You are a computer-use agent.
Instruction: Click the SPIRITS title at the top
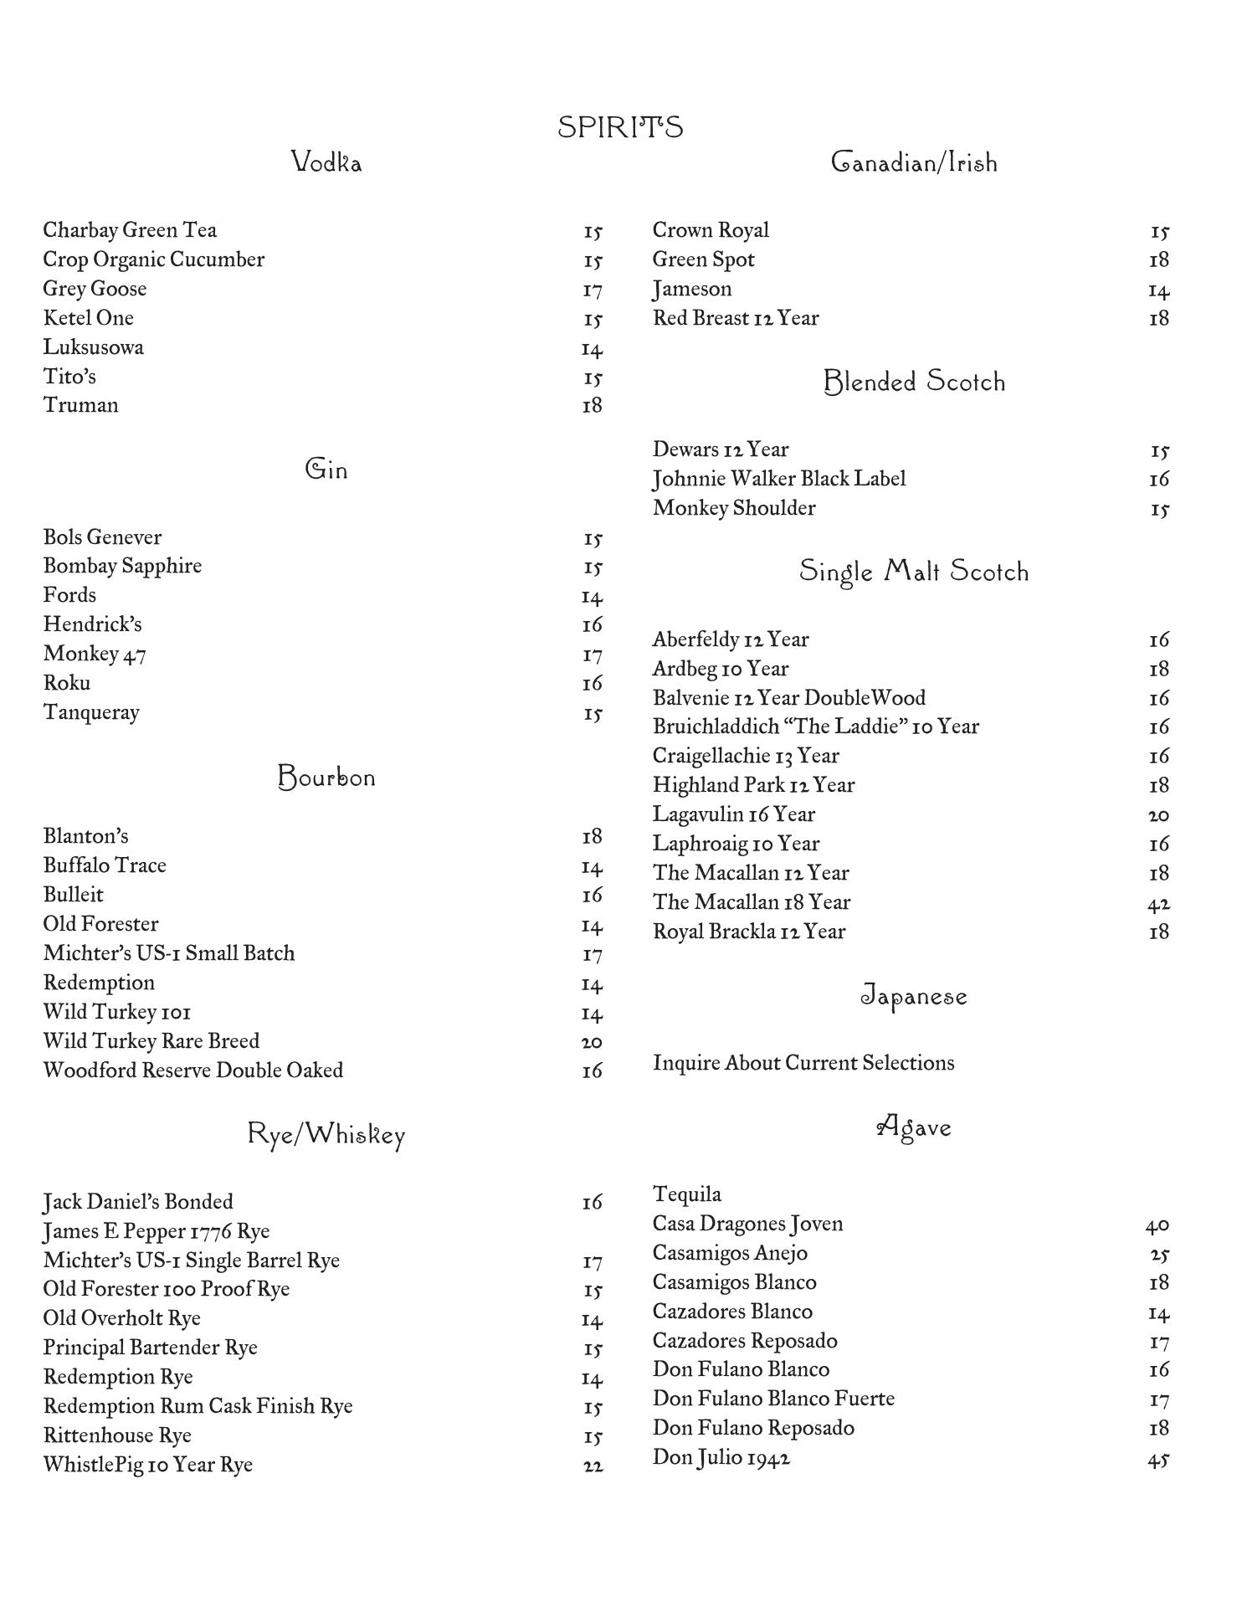(620, 127)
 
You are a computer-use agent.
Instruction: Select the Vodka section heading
(326, 162)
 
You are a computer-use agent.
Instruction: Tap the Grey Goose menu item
(95, 289)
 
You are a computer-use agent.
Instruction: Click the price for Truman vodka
(592, 406)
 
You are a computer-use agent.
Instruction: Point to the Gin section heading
(326, 469)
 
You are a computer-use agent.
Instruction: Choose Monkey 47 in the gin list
(95, 654)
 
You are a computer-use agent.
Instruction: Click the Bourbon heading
(326, 778)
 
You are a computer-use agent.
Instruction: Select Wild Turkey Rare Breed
(151, 1041)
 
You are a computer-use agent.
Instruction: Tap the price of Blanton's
(592, 837)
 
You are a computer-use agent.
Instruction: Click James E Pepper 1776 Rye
(157, 1231)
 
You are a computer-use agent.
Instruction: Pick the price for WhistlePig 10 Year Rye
(593, 1466)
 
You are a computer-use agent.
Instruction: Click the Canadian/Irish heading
(914, 162)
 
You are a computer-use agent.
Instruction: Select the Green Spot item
(703, 259)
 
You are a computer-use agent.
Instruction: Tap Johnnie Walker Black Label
(779, 479)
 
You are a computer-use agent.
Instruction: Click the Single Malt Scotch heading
(914, 572)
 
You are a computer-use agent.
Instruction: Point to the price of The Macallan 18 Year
(1158, 903)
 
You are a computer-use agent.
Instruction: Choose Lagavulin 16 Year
(734, 814)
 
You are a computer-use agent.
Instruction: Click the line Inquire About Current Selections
(803, 1063)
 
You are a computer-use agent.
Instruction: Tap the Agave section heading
(914, 1127)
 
